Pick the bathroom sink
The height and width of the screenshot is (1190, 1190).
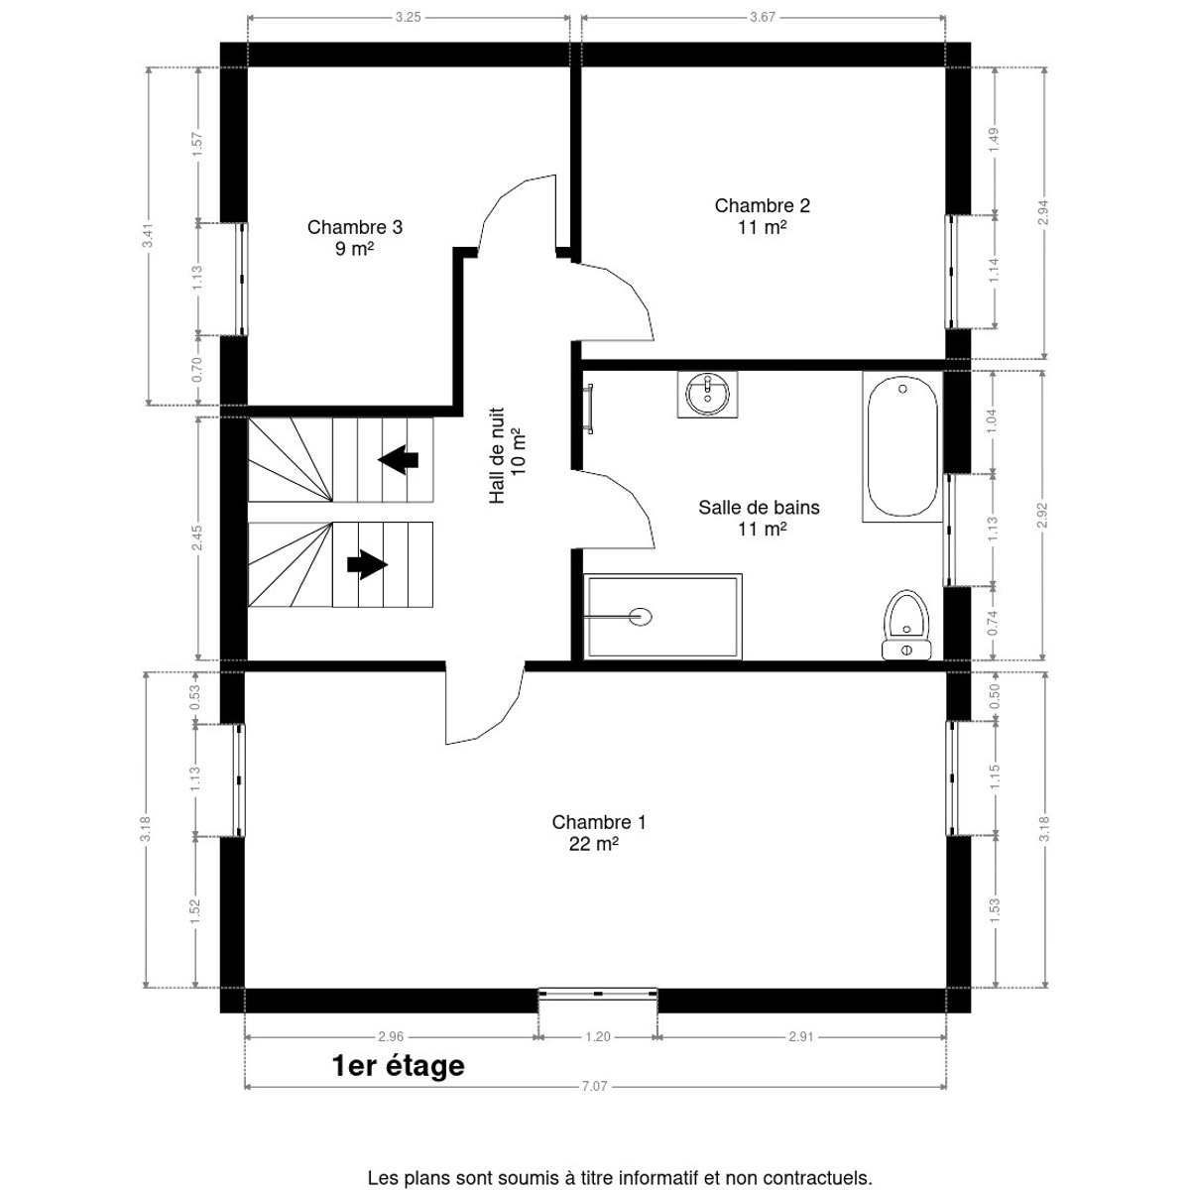pyautogui.click(x=708, y=395)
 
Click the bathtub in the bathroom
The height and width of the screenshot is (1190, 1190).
pyautogui.click(x=902, y=446)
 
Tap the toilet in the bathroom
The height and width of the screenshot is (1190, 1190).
pyautogui.click(x=906, y=625)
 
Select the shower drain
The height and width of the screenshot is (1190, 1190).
pyautogui.click(x=641, y=616)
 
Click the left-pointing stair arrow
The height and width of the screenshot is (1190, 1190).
pyautogui.click(x=399, y=459)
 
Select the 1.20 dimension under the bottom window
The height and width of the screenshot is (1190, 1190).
pyautogui.click(x=598, y=1037)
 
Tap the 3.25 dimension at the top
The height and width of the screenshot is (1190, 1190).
pyautogui.click(x=409, y=17)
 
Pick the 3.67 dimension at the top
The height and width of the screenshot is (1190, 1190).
pyautogui.click(x=763, y=17)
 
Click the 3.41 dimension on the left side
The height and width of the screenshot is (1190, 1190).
pyautogui.click(x=148, y=235)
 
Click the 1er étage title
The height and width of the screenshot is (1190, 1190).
pyautogui.click(x=399, y=1066)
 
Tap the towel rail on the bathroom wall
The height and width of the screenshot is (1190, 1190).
pyautogui.click(x=589, y=409)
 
